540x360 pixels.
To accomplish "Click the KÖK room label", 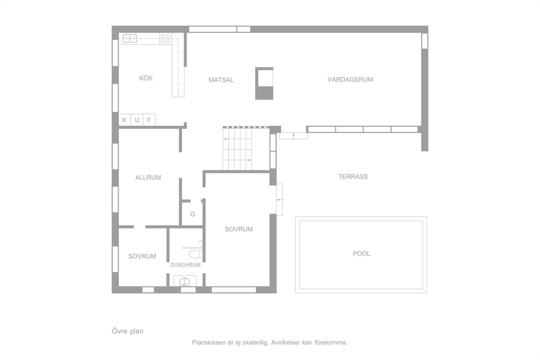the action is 146,78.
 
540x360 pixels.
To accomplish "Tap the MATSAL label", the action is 221,80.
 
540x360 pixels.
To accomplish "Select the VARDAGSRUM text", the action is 350,79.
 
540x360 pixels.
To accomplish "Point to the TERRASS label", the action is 353,177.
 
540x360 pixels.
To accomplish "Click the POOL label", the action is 361,253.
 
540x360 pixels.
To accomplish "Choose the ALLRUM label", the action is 148,177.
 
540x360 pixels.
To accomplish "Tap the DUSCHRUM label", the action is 185,265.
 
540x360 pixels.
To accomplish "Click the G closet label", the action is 193,214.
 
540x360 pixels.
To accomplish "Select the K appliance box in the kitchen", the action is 124,120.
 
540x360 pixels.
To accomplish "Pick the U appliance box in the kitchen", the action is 137,120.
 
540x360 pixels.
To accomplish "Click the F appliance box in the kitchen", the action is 149,120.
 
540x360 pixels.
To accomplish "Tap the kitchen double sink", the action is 130,38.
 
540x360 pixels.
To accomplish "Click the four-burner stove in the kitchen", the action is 166,38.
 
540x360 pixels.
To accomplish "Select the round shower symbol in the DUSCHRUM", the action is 185,282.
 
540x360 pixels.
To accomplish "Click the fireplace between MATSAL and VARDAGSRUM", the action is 264,83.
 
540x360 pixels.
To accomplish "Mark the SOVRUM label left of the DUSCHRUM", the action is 142,256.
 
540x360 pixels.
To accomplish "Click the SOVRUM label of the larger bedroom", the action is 239,229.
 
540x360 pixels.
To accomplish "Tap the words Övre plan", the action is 127,331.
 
